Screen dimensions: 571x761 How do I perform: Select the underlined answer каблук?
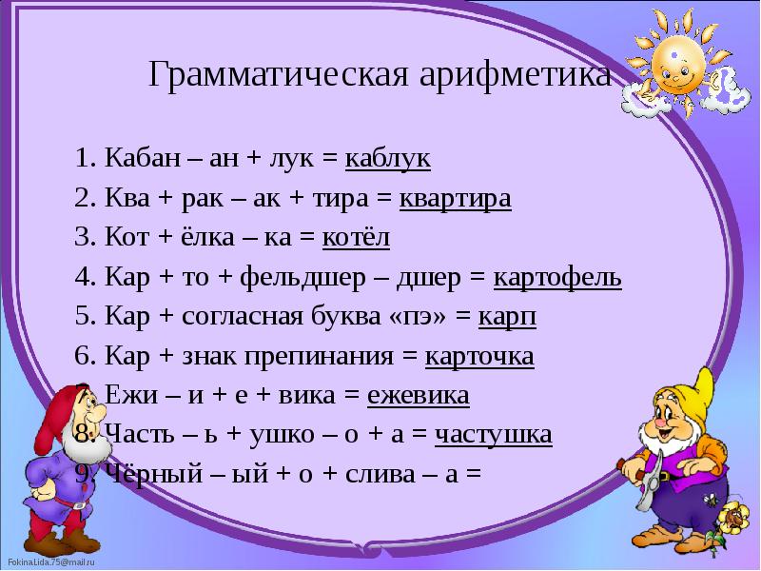[x=387, y=159]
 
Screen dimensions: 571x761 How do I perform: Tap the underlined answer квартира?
[x=455, y=199]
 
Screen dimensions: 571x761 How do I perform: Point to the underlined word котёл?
[x=356, y=238]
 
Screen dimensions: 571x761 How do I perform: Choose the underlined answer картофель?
[x=557, y=278]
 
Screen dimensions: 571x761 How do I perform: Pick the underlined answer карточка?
[x=478, y=357]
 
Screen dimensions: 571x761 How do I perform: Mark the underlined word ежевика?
[x=420, y=396]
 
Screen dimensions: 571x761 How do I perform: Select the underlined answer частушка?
[x=493, y=435]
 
